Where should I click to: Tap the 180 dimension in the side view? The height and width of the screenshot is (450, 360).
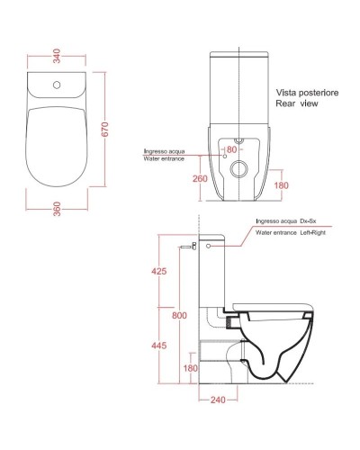tap(190, 368)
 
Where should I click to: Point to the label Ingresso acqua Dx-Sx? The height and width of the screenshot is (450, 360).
tap(288, 220)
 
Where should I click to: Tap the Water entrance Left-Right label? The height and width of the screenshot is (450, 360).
tap(293, 232)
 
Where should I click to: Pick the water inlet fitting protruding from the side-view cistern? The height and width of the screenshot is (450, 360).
tap(188, 245)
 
